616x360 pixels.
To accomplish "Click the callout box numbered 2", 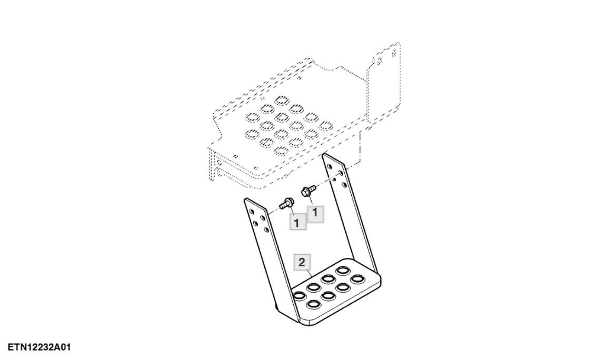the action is pyautogui.click(x=302, y=262).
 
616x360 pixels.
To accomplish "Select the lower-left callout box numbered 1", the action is pyautogui.click(x=297, y=223).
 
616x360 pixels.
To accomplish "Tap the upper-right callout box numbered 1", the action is pyautogui.click(x=315, y=214).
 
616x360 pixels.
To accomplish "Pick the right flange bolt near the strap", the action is pyautogui.click(x=308, y=191).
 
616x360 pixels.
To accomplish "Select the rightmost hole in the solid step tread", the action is pyautogui.click(x=357, y=279).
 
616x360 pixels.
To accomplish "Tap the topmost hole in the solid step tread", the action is pyautogui.click(x=342, y=271).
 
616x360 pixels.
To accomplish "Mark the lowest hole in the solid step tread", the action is pyautogui.click(x=313, y=304).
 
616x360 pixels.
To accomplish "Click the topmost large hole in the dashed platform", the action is pyautogui.click(x=282, y=99).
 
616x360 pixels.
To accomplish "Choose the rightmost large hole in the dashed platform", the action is pyautogui.click(x=326, y=126).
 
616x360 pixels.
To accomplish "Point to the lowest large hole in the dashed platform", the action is pyautogui.click(x=282, y=151).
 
